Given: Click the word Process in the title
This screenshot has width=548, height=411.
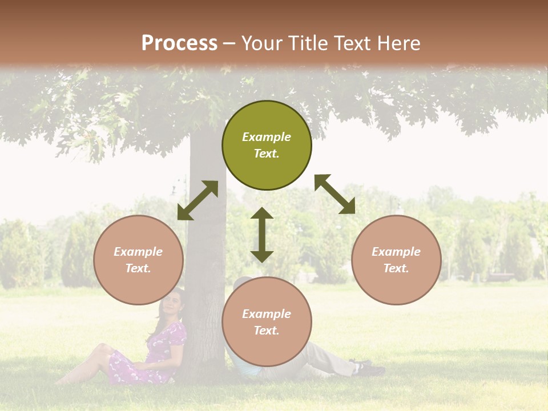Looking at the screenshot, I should click(x=179, y=43).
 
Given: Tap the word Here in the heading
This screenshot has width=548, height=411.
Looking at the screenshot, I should click(x=397, y=43).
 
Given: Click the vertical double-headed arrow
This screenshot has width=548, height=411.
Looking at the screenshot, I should click(x=262, y=235).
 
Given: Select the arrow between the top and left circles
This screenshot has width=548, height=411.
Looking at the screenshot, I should click(x=198, y=200).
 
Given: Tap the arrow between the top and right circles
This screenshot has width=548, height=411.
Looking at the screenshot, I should click(x=335, y=194).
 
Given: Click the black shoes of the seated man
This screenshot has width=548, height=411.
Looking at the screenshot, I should click(x=368, y=368).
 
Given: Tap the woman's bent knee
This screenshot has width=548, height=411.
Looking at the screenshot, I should click(x=103, y=349).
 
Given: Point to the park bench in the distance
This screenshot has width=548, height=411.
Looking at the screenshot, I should click(x=500, y=277).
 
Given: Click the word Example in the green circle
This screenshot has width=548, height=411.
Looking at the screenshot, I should click(x=267, y=137).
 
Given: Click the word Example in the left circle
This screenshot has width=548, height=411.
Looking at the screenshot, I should click(x=138, y=252).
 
